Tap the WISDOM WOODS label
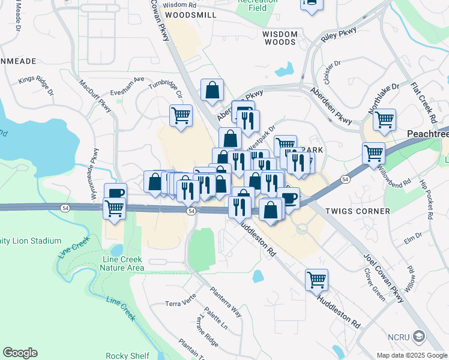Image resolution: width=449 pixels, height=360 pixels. (x=280, y=38)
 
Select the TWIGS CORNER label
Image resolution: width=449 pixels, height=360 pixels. (x=357, y=211)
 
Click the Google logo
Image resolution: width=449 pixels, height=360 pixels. (x=20, y=353)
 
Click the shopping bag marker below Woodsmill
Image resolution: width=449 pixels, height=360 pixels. (x=212, y=91)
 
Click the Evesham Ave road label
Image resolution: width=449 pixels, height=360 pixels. (x=127, y=86)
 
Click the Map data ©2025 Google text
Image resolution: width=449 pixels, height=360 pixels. (x=411, y=355)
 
